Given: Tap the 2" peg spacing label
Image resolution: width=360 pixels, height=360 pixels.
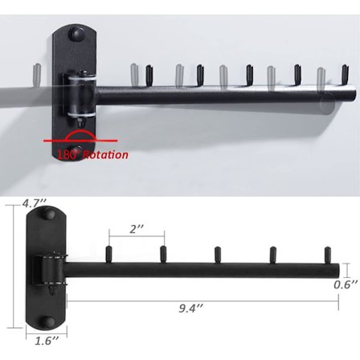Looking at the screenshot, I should pyautogui.click(x=137, y=228).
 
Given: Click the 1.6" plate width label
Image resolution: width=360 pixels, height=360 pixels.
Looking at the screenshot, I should pyautogui.click(x=47, y=342).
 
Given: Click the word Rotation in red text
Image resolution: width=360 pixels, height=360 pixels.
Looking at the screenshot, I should pyautogui.click(x=104, y=154).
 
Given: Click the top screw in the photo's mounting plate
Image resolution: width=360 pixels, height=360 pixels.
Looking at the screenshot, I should pyautogui.click(x=76, y=36).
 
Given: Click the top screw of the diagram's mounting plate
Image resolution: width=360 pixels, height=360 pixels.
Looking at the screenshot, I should pyautogui.click(x=47, y=216).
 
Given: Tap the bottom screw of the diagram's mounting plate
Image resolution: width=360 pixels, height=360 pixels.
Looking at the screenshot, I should pyautogui.click(x=47, y=322).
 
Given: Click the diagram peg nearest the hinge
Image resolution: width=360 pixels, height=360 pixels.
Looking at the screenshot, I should pyautogui.click(x=109, y=254).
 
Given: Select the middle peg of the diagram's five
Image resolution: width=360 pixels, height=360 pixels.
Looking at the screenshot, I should pyautogui.click(x=218, y=254).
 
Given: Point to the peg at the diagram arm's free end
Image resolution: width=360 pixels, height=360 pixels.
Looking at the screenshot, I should pyautogui.click(x=328, y=254).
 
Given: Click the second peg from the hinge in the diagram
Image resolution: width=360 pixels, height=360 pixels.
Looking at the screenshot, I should pyautogui.click(x=163, y=254).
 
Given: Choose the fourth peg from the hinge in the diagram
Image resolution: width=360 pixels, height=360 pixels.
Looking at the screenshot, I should pyautogui.click(x=272, y=254).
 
